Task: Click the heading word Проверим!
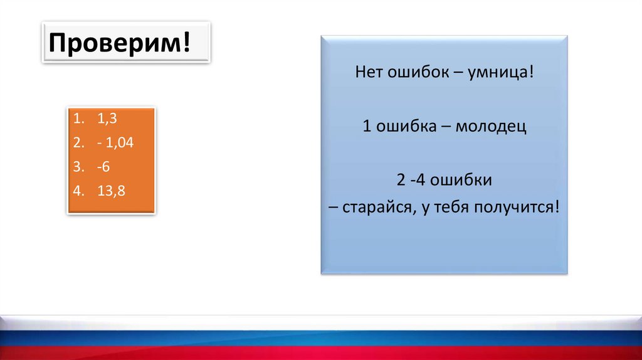pyautogui.click(x=120, y=43)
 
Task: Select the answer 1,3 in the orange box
pyautogui.click(x=107, y=119)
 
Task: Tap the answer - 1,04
pyautogui.click(x=115, y=142)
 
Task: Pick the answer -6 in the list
pyautogui.click(x=103, y=167)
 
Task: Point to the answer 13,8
pyautogui.click(x=112, y=191)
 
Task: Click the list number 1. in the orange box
pyautogui.click(x=78, y=119)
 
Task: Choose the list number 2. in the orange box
pyautogui.click(x=78, y=142)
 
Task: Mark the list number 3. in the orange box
pyautogui.click(x=78, y=167)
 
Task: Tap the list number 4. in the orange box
pyautogui.click(x=78, y=191)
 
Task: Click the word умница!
pyautogui.click(x=501, y=72)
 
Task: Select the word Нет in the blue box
pyautogui.click(x=369, y=72)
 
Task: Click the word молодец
pyautogui.click(x=491, y=126)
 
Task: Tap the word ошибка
pyautogui.click(x=406, y=125)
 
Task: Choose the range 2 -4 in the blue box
pyautogui.click(x=411, y=180)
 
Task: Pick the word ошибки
pyautogui.click(x=461, y=180)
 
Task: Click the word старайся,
pyautogui.click(x=377, y=207)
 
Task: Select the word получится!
pyautogui.click(x=517, y=207)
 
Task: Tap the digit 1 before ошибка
pyautogui.click(x=367, y=125)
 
